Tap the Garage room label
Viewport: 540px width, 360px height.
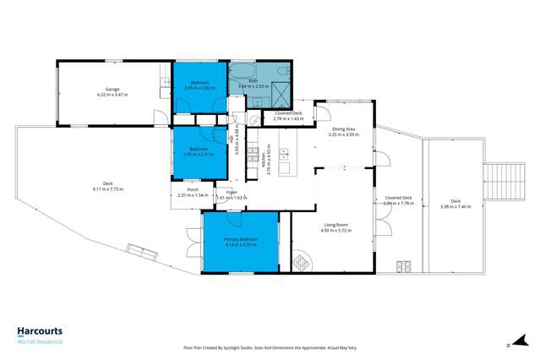coord(111,88)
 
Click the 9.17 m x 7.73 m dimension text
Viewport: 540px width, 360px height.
coord(108,189)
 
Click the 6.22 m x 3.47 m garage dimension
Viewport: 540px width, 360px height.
coord(111,93)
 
